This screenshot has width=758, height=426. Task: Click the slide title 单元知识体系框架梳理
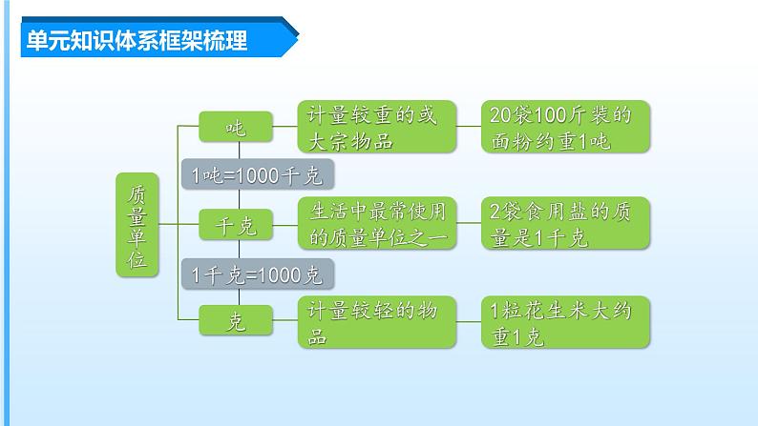135,41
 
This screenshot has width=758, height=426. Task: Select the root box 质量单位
137,225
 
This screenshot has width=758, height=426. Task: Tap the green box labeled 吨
235,126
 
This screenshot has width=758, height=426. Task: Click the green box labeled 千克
235,226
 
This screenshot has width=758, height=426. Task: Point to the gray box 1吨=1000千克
257,175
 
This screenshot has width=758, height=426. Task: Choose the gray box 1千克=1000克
257,274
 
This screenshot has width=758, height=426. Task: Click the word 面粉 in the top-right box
509,141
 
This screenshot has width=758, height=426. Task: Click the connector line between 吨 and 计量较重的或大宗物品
284,126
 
